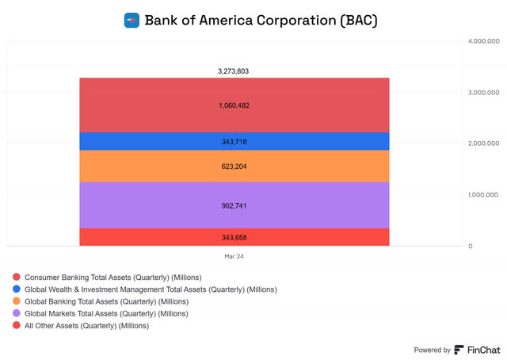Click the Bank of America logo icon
(x=132, y=20)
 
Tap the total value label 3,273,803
(x=234, y=71)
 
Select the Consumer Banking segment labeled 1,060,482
(x=234, y=105)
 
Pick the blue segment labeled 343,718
(x=234, y=141)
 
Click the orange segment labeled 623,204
(x=234, y=167)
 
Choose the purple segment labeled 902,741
(x=234, y=205)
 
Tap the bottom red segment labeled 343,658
(x=234, y=237)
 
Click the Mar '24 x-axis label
(x=234, y=256)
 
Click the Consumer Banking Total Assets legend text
(x=112, y=278)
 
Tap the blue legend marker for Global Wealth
(x=16, y=289)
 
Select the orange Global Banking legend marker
(x=16, y=301)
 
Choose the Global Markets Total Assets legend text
(x=106, y=313)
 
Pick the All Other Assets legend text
(x=86, y=325)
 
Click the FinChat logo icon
(x=459, y=349)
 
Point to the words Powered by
(x=432, y=350)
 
